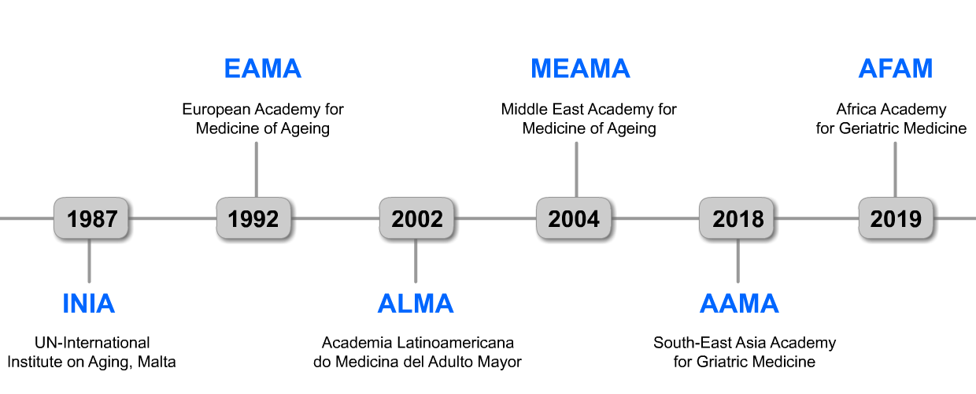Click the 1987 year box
tap(92, 219)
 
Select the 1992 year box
tap(254, 219)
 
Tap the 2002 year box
tap(417, 219)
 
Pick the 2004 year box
tap(575, 219)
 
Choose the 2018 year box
tap(738, 219)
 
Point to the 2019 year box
tap(897, 219)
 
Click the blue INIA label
tap(89, 303)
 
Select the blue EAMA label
tap(263, 69)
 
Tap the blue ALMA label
tap(416, 303)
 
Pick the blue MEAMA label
tap(581, 69)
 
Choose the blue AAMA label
tap(739, 303)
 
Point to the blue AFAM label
tap(896, 69)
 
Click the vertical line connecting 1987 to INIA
tap(89, 262)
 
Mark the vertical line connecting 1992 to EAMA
tap(256, 169)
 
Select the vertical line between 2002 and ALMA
tap(416, 262)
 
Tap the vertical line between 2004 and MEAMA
tap(576, 169)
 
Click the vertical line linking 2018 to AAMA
tap(738, 262)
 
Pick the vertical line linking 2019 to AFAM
tap(895, 169)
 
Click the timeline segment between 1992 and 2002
tap(337, 218)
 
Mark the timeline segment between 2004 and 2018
tap(656, 218)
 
